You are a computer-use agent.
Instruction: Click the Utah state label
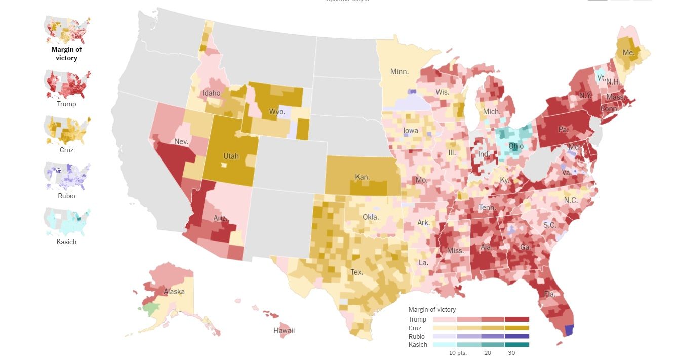point(231,156)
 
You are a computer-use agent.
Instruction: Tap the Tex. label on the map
point(356,272)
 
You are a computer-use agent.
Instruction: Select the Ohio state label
point(516,146)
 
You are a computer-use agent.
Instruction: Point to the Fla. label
point(550,294)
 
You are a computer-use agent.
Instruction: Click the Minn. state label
point(400,72)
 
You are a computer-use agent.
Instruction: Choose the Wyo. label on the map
point(277,111)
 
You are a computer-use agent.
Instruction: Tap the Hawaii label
point(284,331)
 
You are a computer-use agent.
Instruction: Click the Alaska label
point(174,292)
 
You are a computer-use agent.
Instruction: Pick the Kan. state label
point(362,177)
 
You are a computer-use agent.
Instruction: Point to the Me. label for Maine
point(628,53)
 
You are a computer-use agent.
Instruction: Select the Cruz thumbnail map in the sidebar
point(67,130)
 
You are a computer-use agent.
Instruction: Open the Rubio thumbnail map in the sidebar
point(67,176)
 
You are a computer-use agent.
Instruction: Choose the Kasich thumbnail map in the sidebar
point(67,221)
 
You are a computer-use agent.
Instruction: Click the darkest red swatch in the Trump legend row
point(516,319)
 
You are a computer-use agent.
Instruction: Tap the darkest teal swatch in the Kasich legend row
point(516,345)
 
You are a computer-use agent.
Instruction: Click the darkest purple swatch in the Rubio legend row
point(516,336)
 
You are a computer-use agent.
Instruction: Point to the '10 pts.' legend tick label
point(457,353)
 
